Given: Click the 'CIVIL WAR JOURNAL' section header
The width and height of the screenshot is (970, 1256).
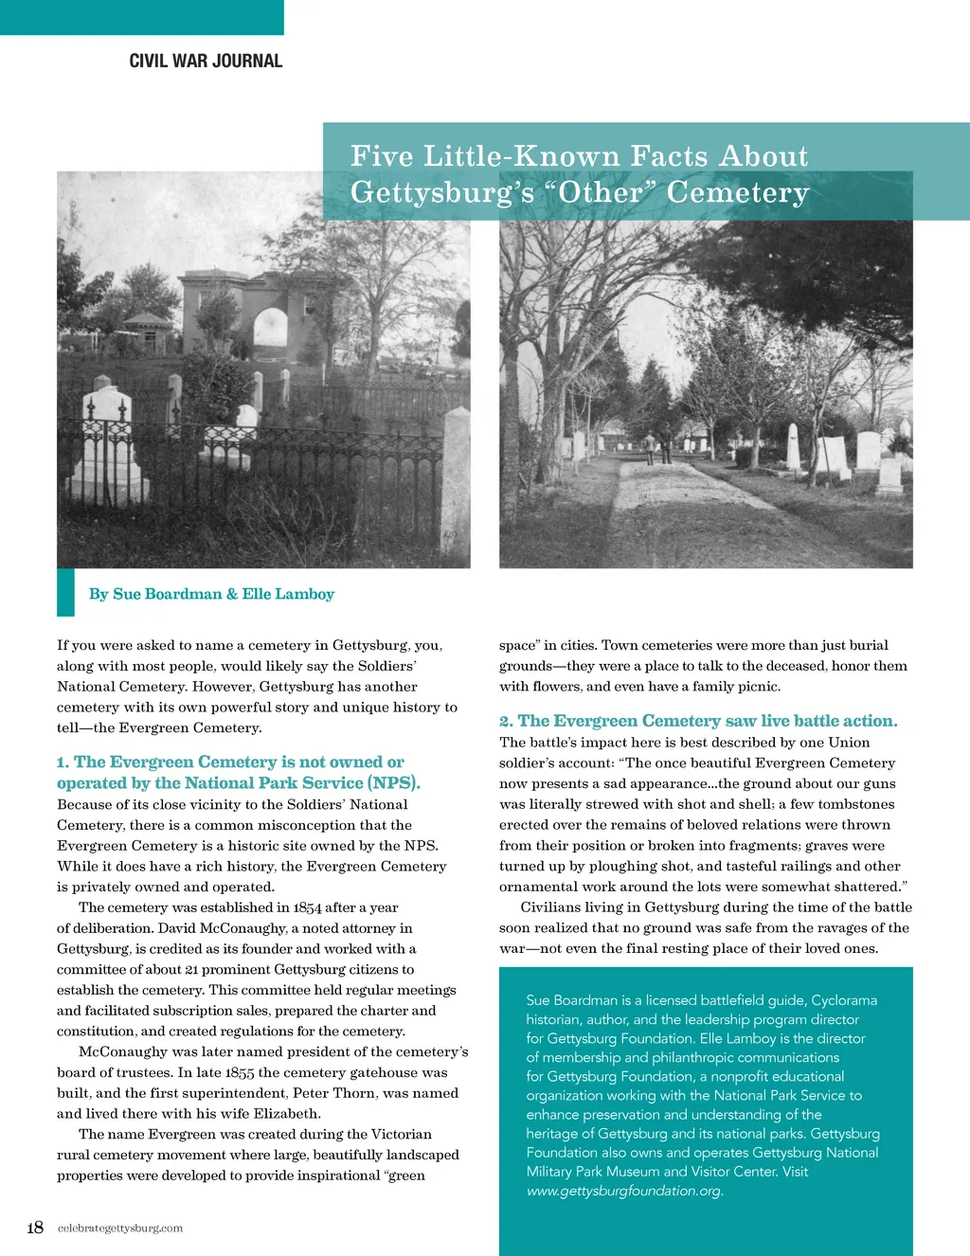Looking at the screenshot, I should point(206,61).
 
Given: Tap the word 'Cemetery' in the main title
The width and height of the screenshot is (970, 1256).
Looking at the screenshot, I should point(738,192).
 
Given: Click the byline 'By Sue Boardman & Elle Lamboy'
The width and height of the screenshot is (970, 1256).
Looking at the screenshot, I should point(211,594).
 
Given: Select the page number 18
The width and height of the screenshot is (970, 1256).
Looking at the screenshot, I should point(35,1228).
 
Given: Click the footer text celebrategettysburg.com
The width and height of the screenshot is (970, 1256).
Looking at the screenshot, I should point(120,1229).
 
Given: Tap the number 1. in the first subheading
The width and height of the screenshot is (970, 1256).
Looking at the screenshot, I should point(63,763).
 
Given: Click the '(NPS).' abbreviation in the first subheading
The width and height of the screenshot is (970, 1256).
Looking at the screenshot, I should point(394,783).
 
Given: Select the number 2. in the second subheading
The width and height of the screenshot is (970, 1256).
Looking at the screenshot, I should point(506,722).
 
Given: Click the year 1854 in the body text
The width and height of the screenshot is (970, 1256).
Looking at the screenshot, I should point(307,907).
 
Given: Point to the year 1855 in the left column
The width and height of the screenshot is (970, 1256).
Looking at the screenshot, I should point(241,1072).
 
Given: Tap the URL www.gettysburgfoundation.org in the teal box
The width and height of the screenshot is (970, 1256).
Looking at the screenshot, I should point(625,1191).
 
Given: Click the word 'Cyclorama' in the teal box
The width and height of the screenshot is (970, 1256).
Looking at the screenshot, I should point(844,1000).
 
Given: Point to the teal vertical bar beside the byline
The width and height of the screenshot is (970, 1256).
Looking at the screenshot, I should point(65,593).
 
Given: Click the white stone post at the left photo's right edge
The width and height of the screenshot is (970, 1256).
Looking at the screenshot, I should point(457,483).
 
